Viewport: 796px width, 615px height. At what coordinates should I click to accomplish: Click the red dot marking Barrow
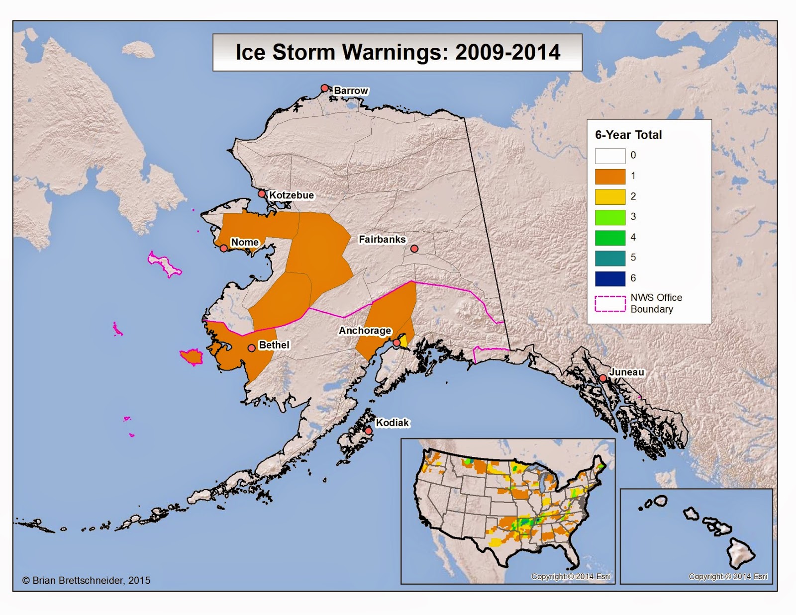tap(324, 88)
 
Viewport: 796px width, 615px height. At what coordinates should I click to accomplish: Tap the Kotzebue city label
tap(292, 195)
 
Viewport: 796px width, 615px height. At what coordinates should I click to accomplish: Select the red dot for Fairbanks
tap(414, 249)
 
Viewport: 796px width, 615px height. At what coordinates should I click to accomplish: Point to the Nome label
tap(245, 242)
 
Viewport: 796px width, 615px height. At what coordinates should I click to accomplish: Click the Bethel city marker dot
tap(252, 348)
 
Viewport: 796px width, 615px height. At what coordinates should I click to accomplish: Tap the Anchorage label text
tap(365, 331)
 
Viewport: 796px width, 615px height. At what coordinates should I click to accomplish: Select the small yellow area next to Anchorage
tap(403, 341)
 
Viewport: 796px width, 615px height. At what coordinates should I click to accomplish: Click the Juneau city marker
tap(602, 378)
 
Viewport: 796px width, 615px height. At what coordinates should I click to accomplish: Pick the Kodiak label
tap(392, 423)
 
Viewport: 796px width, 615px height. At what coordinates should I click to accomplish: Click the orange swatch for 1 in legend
tap(610, 176)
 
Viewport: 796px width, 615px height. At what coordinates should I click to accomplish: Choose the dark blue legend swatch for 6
tap(610, 278)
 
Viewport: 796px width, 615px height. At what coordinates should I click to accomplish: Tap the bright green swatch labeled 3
tap(610, 217)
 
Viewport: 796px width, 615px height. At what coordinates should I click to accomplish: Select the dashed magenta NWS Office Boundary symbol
tap(610, 304)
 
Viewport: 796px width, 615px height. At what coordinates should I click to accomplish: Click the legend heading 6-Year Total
tap(628, 135)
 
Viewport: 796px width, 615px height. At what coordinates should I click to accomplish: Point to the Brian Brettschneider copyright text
tap(86, 580)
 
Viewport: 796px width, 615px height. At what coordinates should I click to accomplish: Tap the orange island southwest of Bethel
tap(192, 356)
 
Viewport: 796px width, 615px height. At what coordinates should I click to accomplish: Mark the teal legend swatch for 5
tap(610, 258)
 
